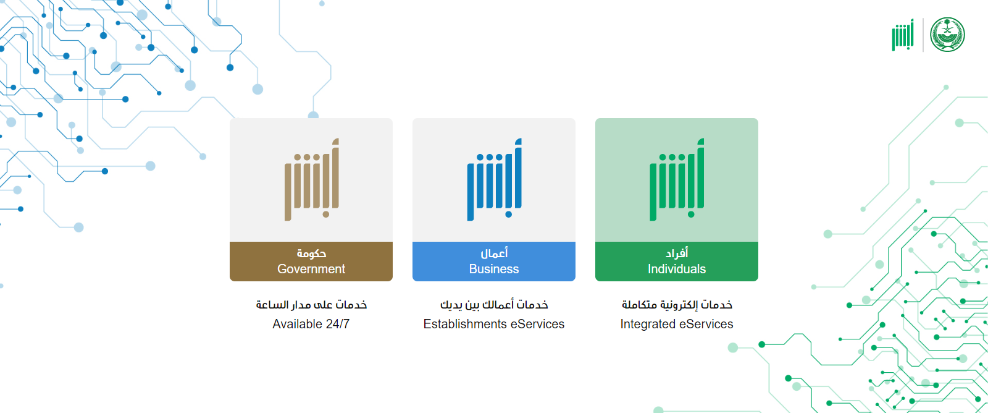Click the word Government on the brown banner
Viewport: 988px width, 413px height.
click(x=311, y=269)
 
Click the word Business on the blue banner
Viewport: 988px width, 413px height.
click(x=493, y=269)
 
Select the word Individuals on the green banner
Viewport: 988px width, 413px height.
click(x=677, y=269)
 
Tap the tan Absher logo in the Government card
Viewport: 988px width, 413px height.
click(x=312, y=179)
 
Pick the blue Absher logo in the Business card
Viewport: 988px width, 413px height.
click(x=495, y=179)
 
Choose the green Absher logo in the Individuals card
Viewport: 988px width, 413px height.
click(x=677, y=179)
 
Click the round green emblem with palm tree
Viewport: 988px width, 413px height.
click(x=947, y=35)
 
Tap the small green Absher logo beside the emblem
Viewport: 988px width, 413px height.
click(x=903, y=35)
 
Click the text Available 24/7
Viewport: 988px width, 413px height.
click(x=311, y=324)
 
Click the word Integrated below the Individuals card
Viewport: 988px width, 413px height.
click(x=648, y=324)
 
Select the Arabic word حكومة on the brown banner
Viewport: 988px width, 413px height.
click(x=311, y=253)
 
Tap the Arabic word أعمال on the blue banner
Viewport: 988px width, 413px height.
click(x=494, y=253)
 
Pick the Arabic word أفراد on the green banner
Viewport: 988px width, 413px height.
click(x=677, y=253)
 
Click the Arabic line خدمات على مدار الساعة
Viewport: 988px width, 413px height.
click(x=311, y=305)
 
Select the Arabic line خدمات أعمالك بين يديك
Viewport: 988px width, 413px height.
click(x=494, y=305)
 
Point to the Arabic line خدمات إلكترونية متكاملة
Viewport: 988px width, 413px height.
click(x=677, y=305)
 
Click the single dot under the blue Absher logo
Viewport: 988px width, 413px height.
click(x=509, y=215)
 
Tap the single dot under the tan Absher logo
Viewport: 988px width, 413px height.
click(x=326, y=215)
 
